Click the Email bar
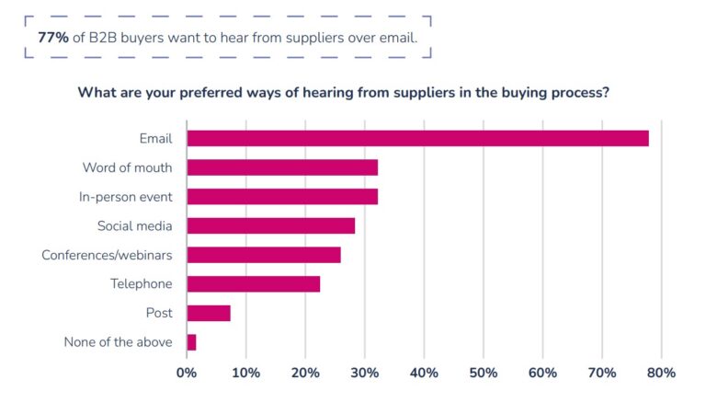pyautogui.click(x=417, y=138)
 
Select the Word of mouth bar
pyautogui.click(x=282, y=167)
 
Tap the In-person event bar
pyautogui.click(x=282, y=196)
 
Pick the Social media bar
pyautogui.click(x=270, y=225)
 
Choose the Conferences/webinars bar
pyautogui.click(x=264, y=255)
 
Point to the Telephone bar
pyautogui.click(x=254, y=283)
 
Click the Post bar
pyautogui.click(x=209, y=313)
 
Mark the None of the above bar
pyautogui.click(x=191, y=342)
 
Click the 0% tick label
pyautogui.click(x=187, y=373)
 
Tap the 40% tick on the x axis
pyautogui.click(x=424, y=373)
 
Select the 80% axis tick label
pyautogui.click(x=661, y=373)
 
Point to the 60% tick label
pyautogui.click(x=542, y=373)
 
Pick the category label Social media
pyautogui.click(x=134, y=225)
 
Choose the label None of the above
pyautogui.click(x=118, y=342)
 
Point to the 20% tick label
pyautogui.click(x=305, y=373)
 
